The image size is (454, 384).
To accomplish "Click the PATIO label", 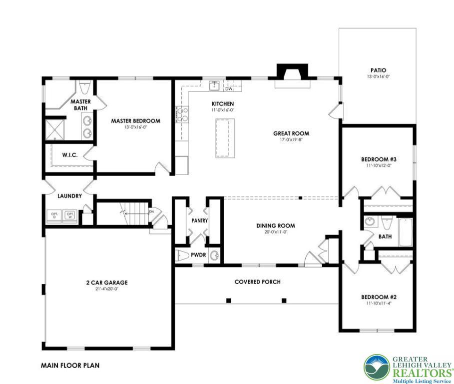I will (378, 70).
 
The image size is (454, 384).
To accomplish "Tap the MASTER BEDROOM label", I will (135, 121).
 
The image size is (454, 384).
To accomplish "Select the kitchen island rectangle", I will (225, 138).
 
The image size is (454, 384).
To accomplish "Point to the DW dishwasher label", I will (229, 89).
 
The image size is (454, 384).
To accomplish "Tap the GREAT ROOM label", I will (291, 133).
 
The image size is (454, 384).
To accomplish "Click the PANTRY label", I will (199, 220).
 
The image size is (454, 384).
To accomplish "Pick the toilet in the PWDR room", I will (183, 256).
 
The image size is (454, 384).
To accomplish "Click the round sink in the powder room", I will (214, 256).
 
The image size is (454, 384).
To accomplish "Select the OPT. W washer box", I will (70, 216).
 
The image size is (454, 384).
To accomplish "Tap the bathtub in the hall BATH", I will (406, 232).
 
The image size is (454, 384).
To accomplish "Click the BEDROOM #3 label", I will (379, 159).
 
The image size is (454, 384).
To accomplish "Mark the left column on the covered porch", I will (228, 300).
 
